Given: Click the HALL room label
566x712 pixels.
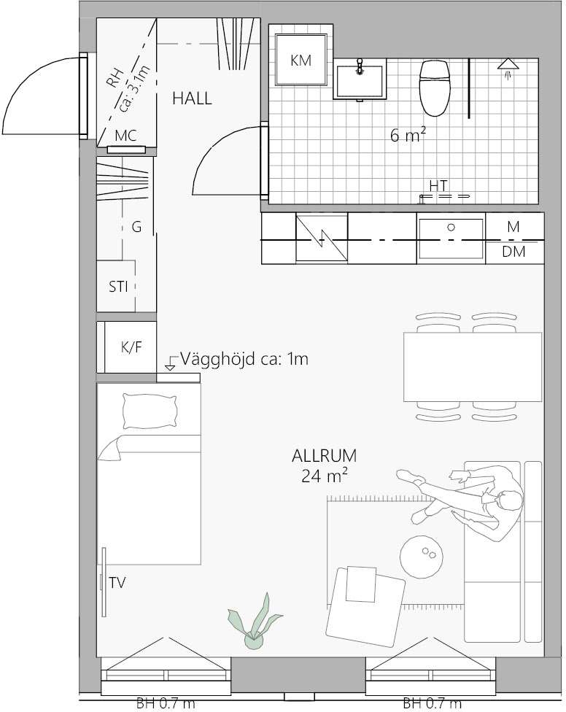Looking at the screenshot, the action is pyautogui.click(x=192, y=98).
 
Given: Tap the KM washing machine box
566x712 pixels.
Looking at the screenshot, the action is pyautogui.click(x=301, y=60).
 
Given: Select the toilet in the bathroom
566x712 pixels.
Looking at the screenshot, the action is pyautogui.click(x=435, y=88).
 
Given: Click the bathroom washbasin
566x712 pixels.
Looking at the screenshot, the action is pyautogui.click(x=360, y=81).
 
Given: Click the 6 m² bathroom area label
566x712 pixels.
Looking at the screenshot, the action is pyautogui.click(x=408, y=134).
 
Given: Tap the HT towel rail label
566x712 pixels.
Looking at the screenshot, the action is pyautogui.click(x=438, y=185).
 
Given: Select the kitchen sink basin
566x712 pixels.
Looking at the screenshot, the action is pyautogui.click(x=451, y=238).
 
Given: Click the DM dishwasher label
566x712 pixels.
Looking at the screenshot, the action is pyautogui.click(x=513, y=252).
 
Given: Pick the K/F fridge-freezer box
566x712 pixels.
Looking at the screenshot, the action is pyautogui.click(x=131, y=347).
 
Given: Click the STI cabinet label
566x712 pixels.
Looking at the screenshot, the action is pyautogui.click(x=118, y=287).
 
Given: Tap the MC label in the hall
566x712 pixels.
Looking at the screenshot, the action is pyautogui.click(x=125, y=135).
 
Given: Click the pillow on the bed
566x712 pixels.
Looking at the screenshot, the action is pyautogui.click(x=150, y=411).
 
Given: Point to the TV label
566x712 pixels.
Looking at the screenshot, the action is pyautogui.click(x=117, y=583).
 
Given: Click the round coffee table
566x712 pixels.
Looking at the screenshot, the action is pyautogui.click(x=421, y=557).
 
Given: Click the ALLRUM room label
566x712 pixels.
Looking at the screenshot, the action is pyautogui.click(x=324, y=455).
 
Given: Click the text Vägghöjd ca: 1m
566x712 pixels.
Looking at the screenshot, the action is pyautogui.click(x=244, y=359).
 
